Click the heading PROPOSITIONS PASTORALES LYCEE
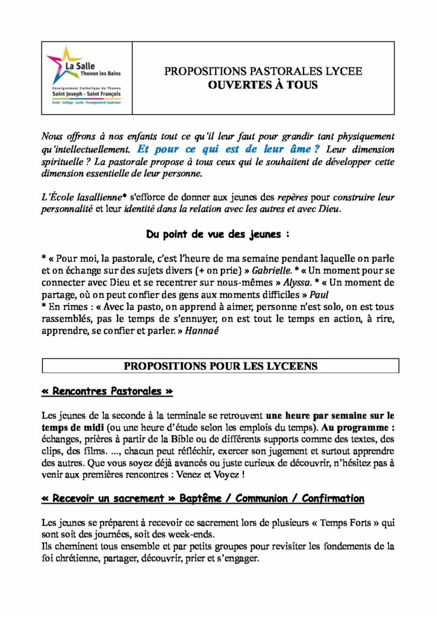coord(263,72)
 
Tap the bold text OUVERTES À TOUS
coord(263,85)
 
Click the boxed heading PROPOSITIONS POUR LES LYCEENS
coord(220,366)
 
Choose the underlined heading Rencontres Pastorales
coord(107,391)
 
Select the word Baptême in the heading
coord(202,498)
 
